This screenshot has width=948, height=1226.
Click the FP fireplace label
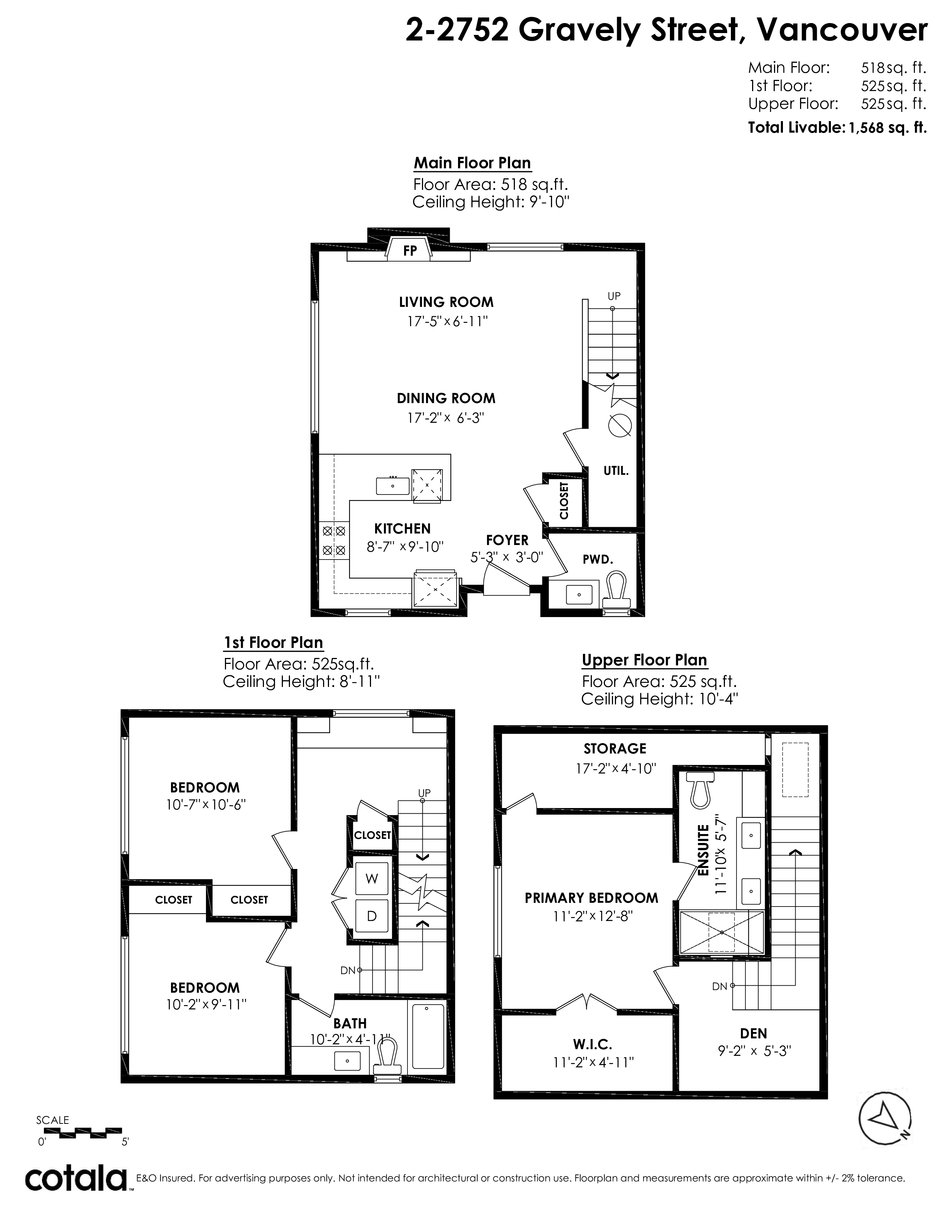[x=410, y=251]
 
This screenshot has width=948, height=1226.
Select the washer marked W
[x=372, y=879]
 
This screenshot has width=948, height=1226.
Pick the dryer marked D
[x=372, y=916]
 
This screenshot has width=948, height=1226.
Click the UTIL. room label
[x=616, y=471]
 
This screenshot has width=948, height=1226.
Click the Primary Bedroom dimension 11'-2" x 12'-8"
[x=592, y=916]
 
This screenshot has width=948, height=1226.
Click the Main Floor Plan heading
[x=472, y=163]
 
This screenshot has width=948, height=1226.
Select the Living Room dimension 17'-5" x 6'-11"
[x=447, y=322]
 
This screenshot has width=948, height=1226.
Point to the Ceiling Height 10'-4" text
[x=660, y=699]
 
